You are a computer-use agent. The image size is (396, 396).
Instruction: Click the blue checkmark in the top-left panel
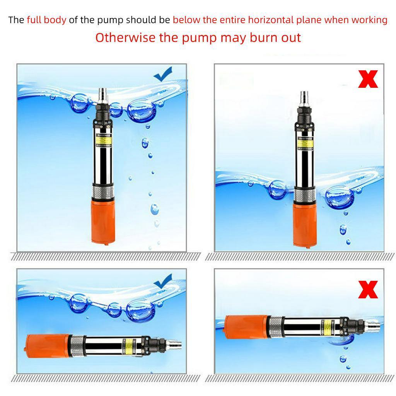pyautogui.click(x=163, y=74)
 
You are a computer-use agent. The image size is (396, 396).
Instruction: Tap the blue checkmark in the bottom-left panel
pyautogui.click(x=163, y=281)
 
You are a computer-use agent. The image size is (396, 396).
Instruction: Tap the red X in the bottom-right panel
pyautogui.click(x=368, y=290)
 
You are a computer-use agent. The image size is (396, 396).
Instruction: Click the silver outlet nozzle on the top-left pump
pyautogui.click(x=103, y=94)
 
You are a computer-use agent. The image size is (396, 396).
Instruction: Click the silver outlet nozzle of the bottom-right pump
pyautogui.click(x=372, y=328)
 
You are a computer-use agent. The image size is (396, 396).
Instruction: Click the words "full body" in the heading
pyautogui.click(x=46, y=20)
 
